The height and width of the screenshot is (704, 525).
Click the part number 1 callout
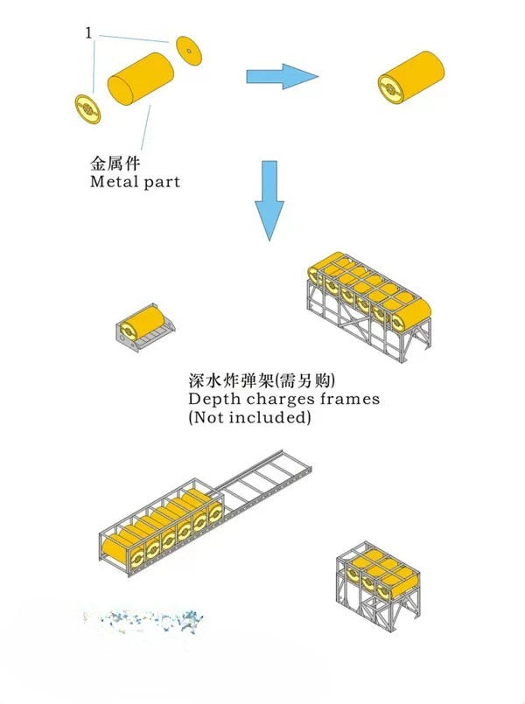coord(88,33)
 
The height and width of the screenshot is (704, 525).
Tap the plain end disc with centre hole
coord(189,51)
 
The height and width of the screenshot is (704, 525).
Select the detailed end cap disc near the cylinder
coord(87,108)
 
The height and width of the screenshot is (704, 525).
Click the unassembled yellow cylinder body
coord(141,79)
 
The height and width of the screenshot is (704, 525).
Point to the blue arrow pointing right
coord(282,76)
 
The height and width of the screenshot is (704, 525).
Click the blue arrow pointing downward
coord(269,200)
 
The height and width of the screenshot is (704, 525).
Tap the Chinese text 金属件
coord(115,163)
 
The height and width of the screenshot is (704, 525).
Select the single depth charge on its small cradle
coord(143,327)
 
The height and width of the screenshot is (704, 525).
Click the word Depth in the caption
coord(214,399)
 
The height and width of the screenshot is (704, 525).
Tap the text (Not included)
coord(249,417)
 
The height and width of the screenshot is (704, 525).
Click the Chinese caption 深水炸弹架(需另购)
coord(262,380)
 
